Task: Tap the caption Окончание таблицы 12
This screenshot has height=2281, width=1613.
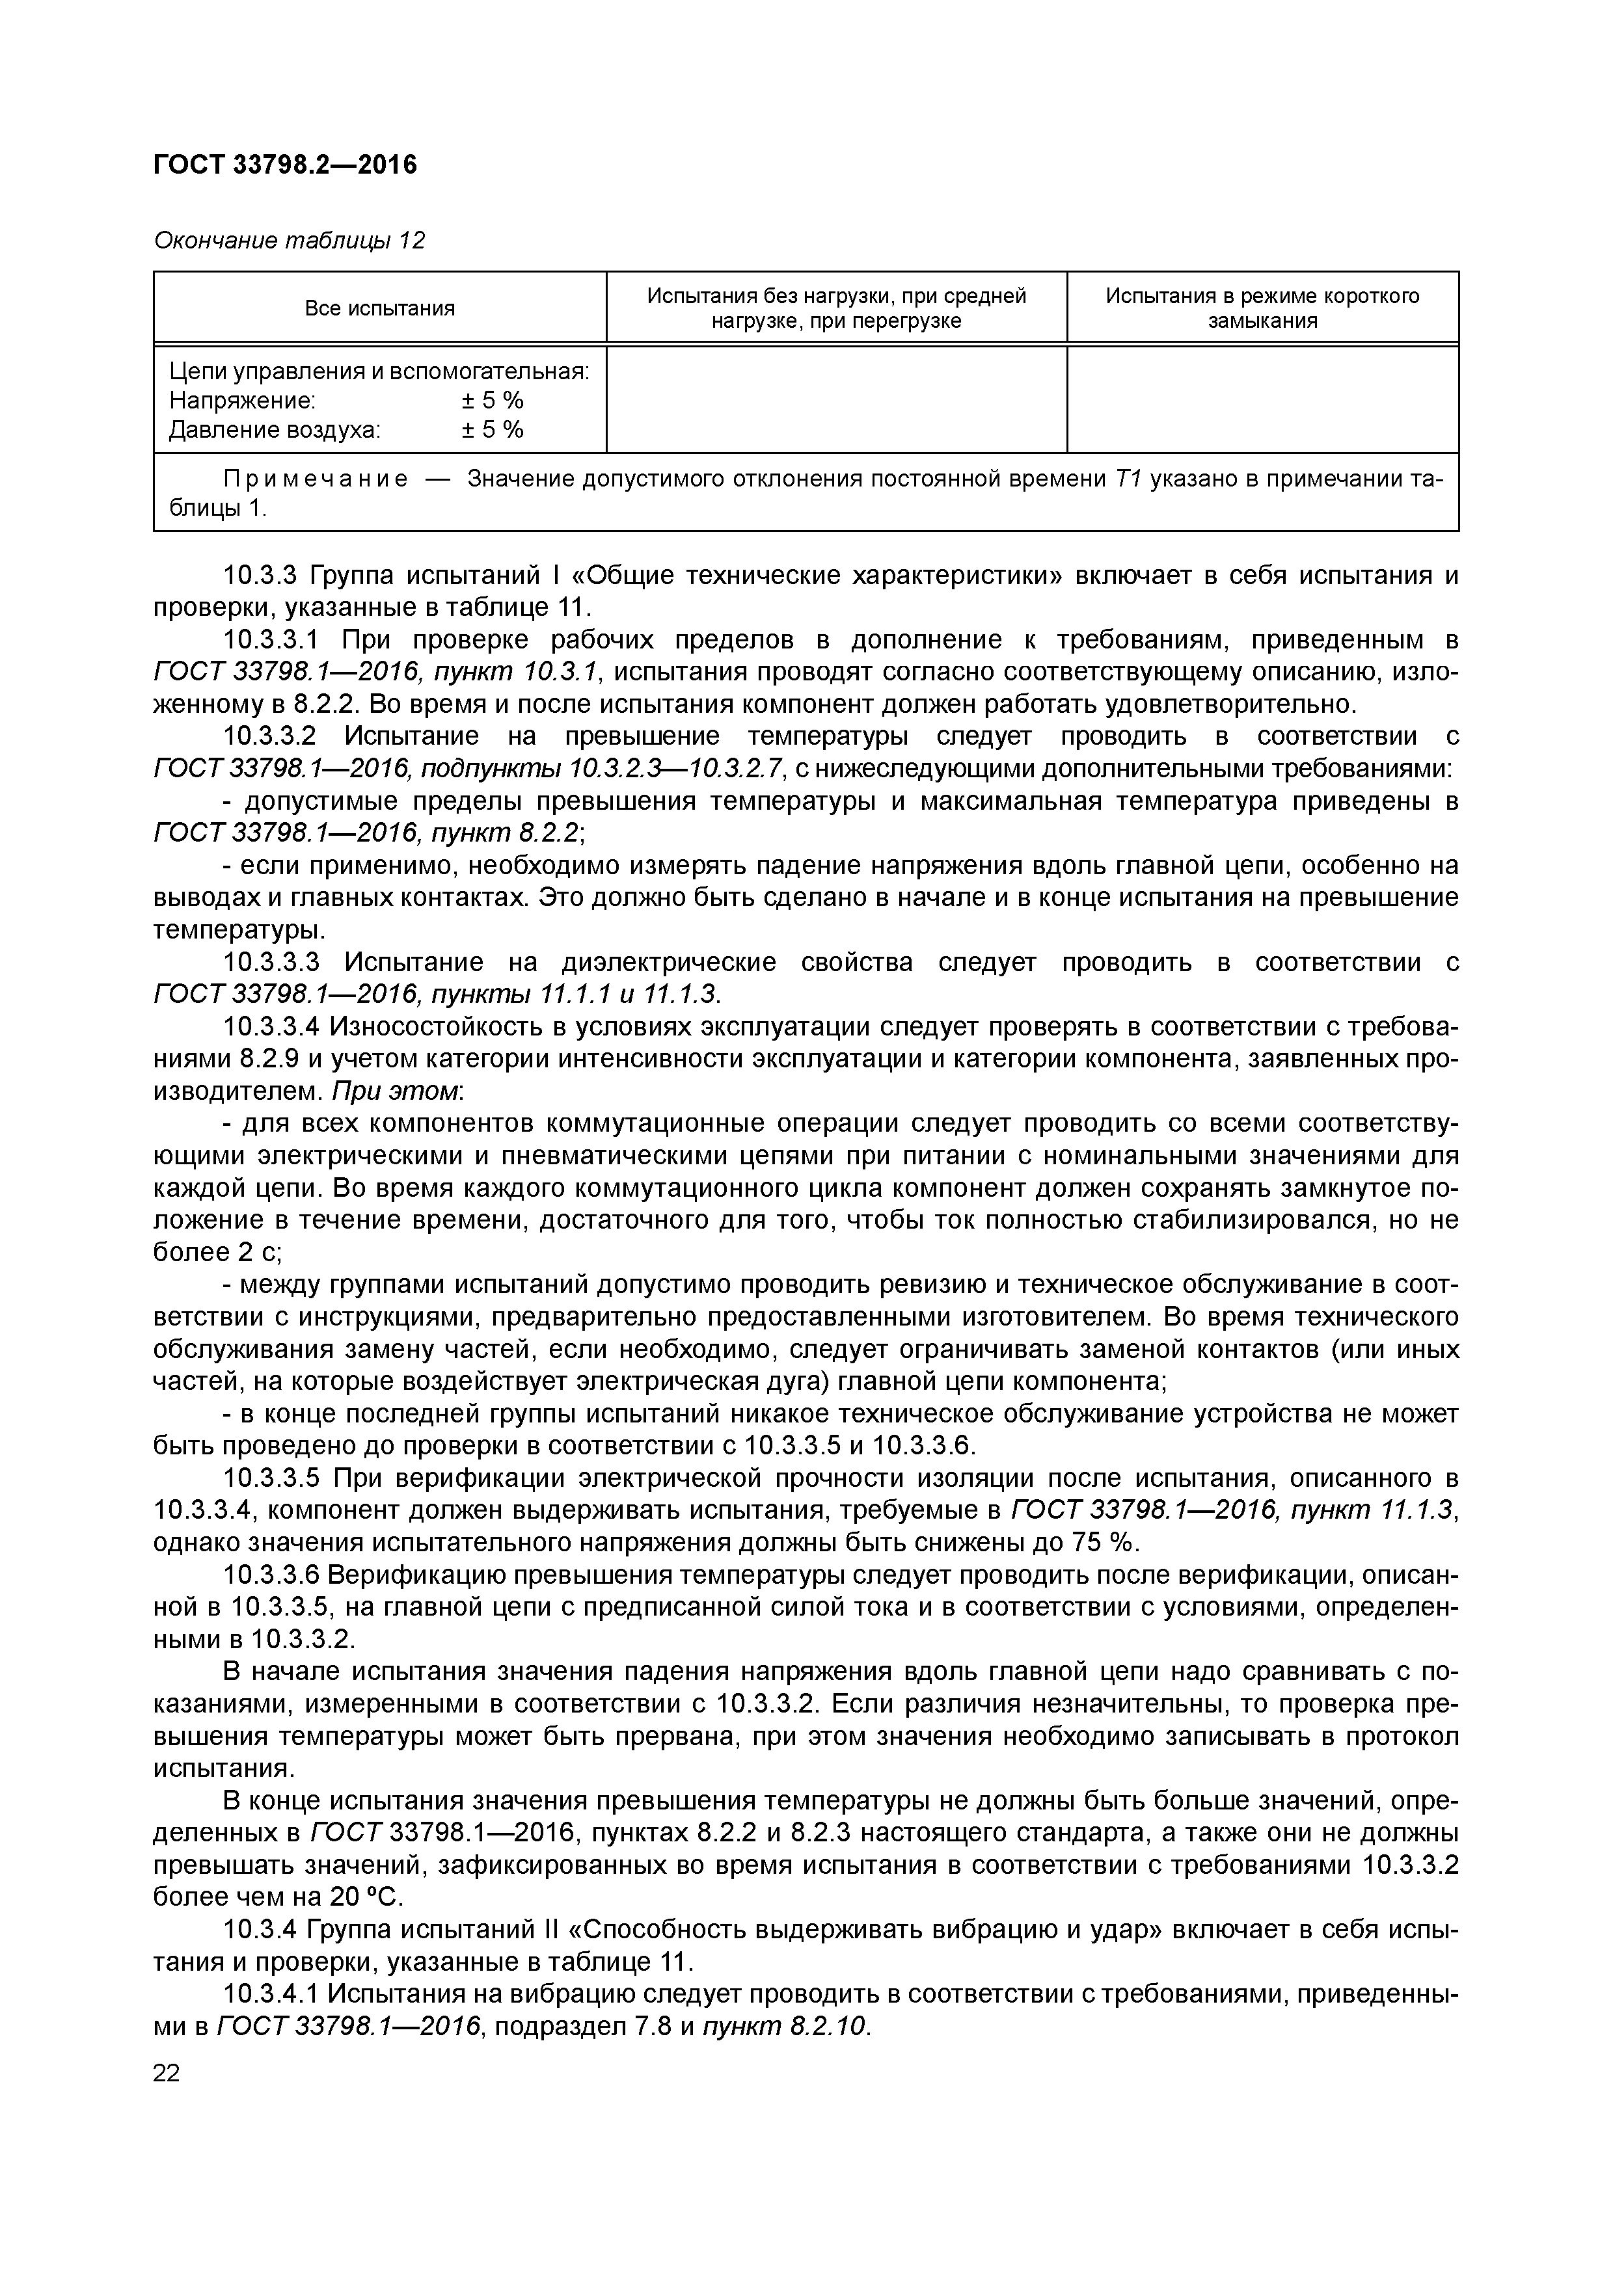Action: pos(289,241)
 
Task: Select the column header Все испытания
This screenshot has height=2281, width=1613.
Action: pos(379,309)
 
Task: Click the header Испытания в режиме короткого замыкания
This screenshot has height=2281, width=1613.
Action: pos(1262,308)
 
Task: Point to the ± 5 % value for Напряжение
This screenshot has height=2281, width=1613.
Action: pos(492,401)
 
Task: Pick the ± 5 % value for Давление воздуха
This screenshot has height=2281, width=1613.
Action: pos(492,429)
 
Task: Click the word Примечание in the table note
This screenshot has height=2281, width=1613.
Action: pos(315,479)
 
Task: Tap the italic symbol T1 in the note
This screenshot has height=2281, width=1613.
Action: pos(1128,479)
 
